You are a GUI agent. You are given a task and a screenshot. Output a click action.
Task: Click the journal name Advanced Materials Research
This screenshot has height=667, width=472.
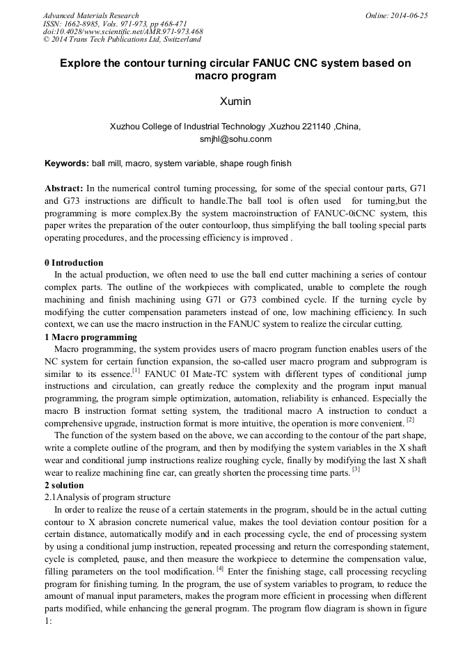click(x=91, y=15)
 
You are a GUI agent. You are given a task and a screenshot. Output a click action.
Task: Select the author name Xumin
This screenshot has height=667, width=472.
click(x=235, y=102)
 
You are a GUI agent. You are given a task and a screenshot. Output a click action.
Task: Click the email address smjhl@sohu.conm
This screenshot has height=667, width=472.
click(x=235, y=139)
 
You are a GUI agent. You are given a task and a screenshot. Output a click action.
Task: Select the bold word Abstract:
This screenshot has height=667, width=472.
click(x=64, y=188)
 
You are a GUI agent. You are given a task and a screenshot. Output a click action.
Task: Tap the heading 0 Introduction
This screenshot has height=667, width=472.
click(x=74, y=263)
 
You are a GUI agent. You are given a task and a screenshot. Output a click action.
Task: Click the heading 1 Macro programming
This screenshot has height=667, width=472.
click(x=91, y=337)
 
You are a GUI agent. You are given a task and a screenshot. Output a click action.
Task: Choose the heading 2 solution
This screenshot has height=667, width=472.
click(x=63, y=485)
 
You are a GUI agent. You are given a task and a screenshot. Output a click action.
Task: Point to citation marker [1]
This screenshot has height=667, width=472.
click(x=139, y=370)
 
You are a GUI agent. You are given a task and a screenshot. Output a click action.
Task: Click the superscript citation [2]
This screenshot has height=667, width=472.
click(x=410, y=419)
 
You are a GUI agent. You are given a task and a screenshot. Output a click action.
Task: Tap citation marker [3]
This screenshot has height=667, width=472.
click(x=355, y=469)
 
